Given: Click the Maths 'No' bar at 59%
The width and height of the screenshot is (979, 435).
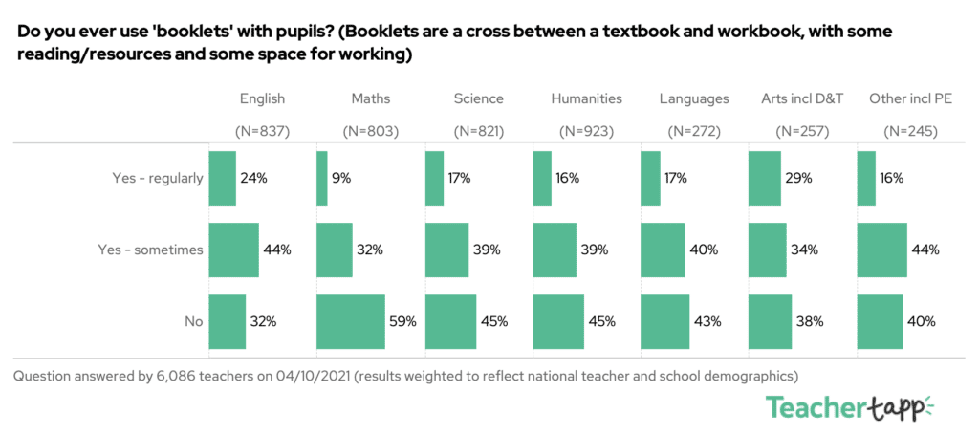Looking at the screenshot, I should [351, 321].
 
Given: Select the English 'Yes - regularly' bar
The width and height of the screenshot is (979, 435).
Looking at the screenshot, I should [222, 178].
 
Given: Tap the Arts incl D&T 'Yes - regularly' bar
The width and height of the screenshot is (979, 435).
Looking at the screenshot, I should [764, 178].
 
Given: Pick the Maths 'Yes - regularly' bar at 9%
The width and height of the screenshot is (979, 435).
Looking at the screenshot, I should [322, 178].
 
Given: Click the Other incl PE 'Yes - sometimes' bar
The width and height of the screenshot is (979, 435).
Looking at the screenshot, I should [882, 250].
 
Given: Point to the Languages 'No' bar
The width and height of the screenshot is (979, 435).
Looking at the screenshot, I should [664, 321].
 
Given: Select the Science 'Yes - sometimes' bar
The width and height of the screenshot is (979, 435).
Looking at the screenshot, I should [446, 250].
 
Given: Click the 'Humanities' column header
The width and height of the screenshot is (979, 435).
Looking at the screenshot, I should [586, 98].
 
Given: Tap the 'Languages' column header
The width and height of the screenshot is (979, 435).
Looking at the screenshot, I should [694, 98].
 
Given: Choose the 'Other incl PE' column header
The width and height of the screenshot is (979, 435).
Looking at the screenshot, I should [910, 98].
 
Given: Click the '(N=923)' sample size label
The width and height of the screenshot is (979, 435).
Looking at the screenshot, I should [586, 131].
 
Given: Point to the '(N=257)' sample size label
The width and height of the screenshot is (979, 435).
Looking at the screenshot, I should [802, 131].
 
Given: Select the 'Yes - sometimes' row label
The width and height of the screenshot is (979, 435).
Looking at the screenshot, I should [151, 250].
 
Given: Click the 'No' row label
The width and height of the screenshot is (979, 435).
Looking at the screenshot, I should [194, 321].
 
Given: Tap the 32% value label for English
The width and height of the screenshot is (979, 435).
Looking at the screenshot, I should [264, 321].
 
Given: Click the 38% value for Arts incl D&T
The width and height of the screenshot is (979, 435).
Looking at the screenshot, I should [809, 321].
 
